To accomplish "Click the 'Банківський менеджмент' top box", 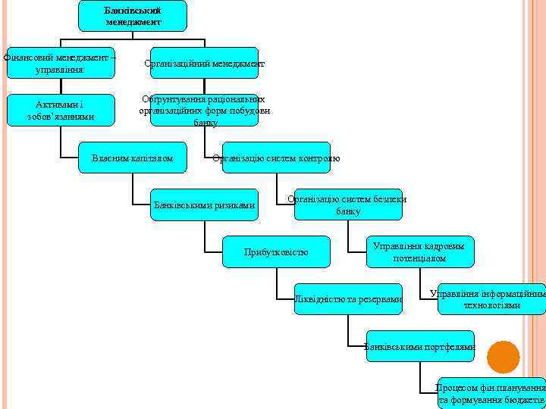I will click(x=133, y=16).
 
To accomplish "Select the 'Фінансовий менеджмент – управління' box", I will click(x=60, y=63).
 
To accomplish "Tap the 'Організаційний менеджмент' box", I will click(x=204, y=63).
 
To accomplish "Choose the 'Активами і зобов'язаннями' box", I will click(x=60, y=110).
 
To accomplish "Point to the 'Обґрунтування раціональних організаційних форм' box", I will click(x=204, y=110).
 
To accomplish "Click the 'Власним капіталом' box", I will click(x=132, y=158).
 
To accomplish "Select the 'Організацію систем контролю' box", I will click(x=276, y=158).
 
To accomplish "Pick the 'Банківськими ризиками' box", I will click(x=204, y=204).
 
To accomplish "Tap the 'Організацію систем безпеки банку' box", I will click(x=348, y=204).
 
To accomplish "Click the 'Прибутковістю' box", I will click(x=276, y=251).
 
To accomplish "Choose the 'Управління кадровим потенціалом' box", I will click(x=419, y=251).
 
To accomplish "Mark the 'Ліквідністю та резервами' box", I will click(x=348, y=299).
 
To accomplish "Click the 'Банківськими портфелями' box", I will click(x=419, y=346).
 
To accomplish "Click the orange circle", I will click(x=504, y=357).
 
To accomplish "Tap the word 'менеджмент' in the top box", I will click(x=133, y=22).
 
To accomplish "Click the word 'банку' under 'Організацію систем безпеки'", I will click(x=348, y=211).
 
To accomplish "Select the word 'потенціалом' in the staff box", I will click(x=419, y=258).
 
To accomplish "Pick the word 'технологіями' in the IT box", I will click(x=491, y=305).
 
